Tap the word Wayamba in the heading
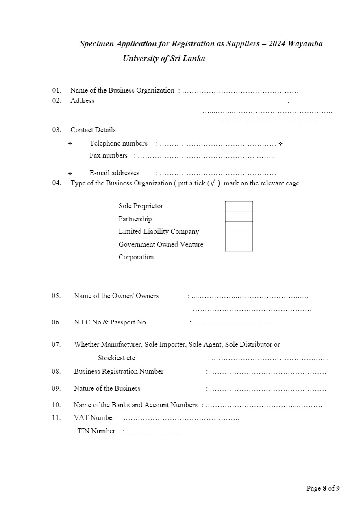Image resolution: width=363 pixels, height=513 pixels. point(305,43)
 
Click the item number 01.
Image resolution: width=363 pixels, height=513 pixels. point(56,90)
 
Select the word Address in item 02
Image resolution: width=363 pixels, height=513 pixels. point(82,101)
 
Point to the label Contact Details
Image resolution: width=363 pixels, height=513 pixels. point(93,130)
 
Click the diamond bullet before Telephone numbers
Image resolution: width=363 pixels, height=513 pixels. point(70,144)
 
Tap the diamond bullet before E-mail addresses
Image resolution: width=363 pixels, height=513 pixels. point(70,174)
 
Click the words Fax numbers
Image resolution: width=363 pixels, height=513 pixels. point(109,156)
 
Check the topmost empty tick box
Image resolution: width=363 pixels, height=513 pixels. point(239,206)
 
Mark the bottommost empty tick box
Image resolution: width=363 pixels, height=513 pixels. point(239,246)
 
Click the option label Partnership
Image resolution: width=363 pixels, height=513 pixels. point(135,219)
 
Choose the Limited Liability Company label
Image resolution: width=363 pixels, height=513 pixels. point(159,232)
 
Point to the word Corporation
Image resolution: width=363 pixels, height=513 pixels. point(136,257)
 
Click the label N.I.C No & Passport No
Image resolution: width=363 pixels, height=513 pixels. point(110,322)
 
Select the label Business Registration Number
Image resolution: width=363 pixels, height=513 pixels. point(119,372)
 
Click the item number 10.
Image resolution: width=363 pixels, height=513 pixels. point(56,405)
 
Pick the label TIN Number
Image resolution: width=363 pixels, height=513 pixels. point(96,431)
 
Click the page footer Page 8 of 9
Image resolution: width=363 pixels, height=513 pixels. point(323,489)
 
